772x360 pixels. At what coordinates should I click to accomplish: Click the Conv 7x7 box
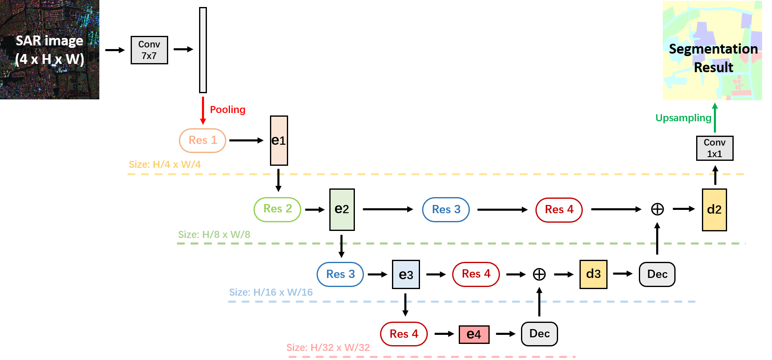tap(149, 50)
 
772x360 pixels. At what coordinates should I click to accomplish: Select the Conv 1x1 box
tap(715, 148)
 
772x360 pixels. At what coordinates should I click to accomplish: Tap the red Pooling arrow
tap(203, 111)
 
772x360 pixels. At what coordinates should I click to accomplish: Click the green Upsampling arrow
tap(715, 118)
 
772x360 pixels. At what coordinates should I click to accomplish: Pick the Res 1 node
tap(202, 140)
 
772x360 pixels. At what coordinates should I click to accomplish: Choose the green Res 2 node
tap(277, 209)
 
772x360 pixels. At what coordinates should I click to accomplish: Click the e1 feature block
tap(279, 141)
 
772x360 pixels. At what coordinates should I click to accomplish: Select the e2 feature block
tap(342, 209)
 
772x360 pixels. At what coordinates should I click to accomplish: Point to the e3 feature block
tap(406, 275)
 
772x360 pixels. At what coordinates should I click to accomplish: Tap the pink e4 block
tap(474, 334)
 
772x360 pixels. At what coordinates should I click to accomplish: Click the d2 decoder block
tap(714, 209)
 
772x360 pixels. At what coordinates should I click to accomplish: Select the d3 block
tap(594, 274)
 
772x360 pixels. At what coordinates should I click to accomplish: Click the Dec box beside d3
tap(657, 274)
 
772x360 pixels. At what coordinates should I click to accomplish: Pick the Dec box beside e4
tap(540, 334)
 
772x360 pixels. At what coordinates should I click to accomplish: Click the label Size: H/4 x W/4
tap(164, 165)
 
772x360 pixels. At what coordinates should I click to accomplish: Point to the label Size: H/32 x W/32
tap(328, 348)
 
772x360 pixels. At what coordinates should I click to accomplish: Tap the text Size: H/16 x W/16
tap(271, 292)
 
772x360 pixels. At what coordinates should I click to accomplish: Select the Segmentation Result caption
tap(713, 58)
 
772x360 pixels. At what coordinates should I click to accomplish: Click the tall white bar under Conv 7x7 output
tap(203, 50)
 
